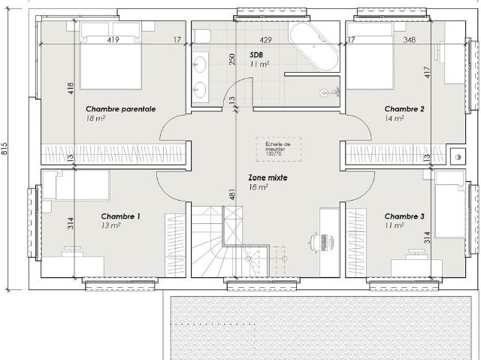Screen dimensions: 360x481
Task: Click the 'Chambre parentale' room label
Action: tap(120, 109)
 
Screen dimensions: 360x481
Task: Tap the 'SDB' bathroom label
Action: tap(256, 56)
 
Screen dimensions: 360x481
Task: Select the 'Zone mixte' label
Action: tap(268, 178)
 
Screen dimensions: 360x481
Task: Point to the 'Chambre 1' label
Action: tap(120, 216)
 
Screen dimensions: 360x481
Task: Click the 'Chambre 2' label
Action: tap(404, 109)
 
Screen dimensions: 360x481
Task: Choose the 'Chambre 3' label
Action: tap(404, 216)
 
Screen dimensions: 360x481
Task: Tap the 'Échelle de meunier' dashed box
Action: tap(271, 148)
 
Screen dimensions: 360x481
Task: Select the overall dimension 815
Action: tap(5, 149)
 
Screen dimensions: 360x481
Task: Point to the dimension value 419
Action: tap(113, 39)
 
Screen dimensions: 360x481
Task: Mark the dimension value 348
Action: tap(409, 39)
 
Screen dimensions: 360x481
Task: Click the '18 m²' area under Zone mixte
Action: tap(258, 188)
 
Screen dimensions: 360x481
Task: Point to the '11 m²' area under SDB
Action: tap(259, 65)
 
